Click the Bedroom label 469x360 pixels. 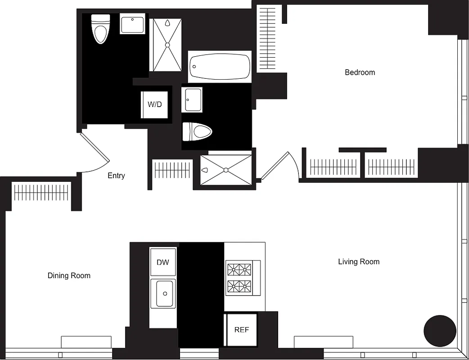click(x=360, y=72)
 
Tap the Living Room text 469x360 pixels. click(x=358, y=261)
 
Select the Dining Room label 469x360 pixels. click(x=69, y=275)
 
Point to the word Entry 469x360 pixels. click(x=116, y=175)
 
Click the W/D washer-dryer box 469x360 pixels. click(x=154, y=105)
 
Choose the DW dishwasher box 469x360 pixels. click(x=162, y=262)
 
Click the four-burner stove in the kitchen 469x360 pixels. click(x=239, y=278)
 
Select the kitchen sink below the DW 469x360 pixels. click(x=163, y=294)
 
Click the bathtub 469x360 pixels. click(x=219, y=67)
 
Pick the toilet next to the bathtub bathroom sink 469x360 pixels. click(x=197, y=132)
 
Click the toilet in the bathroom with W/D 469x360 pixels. click(x=100, y=29)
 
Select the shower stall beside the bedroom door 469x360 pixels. click(x=225, y=170)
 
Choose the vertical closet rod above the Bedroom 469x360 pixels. click(x=267, y=38)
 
